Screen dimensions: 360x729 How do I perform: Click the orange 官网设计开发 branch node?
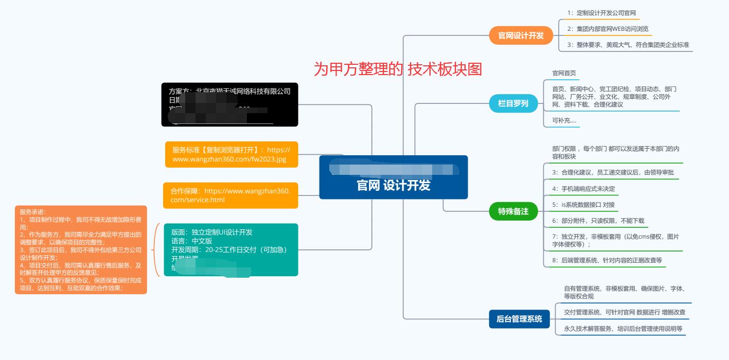pyautogui.click(x=521, y=35)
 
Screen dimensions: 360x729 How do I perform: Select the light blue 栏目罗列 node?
pyautogui.click(x=513, y=103)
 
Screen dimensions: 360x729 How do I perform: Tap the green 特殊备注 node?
pyautogui.click(x=513, y=211)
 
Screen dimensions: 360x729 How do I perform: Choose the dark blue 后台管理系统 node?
pyautogui.click(x=519, y=319)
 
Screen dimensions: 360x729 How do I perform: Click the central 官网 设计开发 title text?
pyautogui.click(x=394, y=185)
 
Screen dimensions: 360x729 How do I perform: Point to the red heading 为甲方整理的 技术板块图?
pyautogui.click(x=398, y=69)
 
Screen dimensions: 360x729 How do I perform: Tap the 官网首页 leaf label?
pyautogui.click(x=564, y=73)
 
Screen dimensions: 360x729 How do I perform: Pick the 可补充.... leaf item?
pyautogui.click(x=564, y=121)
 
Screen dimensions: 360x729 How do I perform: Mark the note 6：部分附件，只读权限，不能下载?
pyautogui.click(x=598, y=221)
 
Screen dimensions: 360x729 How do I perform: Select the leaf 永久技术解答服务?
pyautogui.click(x=623, y=328)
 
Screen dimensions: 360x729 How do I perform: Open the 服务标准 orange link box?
pyautogui.click(x=232, y=155)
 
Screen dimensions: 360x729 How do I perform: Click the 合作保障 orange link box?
pyautogui.click(x=230, y=195)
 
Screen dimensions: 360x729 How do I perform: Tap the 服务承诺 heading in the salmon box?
pyautogui.click(x=32, y=212)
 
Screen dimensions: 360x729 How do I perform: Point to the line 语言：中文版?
pyautogui.click(x=191, y=241)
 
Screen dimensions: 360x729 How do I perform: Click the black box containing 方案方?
pyautogui.click(x=229, y=104)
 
